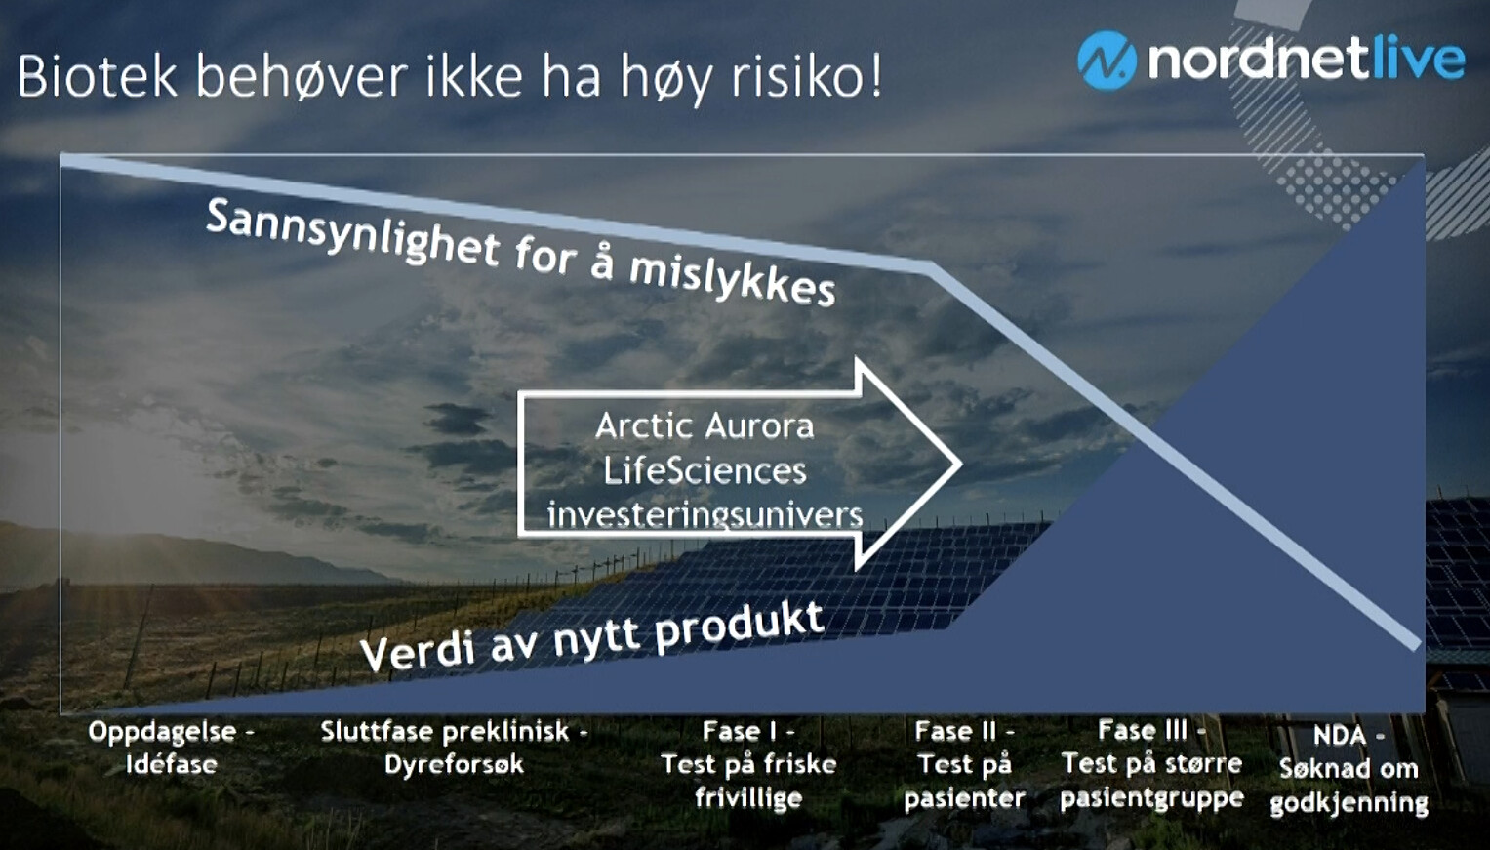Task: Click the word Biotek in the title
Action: point(98,77)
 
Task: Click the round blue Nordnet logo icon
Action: point(1107,60)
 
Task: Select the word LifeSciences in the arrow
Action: point(705,471)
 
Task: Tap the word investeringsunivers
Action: point(705,515)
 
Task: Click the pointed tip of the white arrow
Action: point(961,464)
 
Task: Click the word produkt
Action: point(740,627)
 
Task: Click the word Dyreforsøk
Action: point(455,764)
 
